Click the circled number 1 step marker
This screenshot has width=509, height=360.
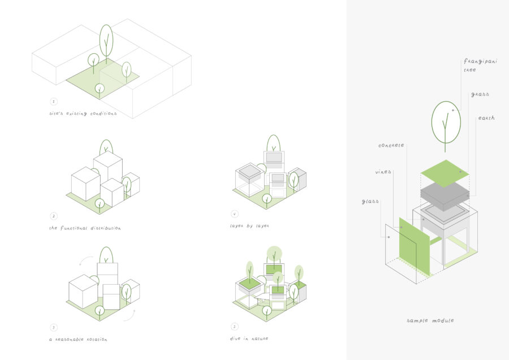coord(54,102)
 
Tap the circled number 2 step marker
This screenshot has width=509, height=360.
coord(54,216)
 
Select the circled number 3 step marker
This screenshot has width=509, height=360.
coord(54,327)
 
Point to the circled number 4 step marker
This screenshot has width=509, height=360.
coord(234,214)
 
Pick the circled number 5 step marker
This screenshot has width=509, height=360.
coord(234,326)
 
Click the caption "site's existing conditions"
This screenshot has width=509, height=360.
coord(83,114)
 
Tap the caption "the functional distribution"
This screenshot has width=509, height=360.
coord(85,228)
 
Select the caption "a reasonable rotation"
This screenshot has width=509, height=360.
coord(78,339)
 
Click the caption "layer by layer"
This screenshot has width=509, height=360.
coord(249,225)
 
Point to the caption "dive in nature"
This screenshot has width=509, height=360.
coord(249,338)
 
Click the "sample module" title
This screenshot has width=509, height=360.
coord(430,320)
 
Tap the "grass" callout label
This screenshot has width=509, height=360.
coord(480,94)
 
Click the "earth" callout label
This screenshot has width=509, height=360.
coord(486,118)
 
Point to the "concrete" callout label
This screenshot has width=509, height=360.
coord(391,145)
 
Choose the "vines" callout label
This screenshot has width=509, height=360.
coord(383,171)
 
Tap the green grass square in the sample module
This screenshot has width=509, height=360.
coord(445,173)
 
